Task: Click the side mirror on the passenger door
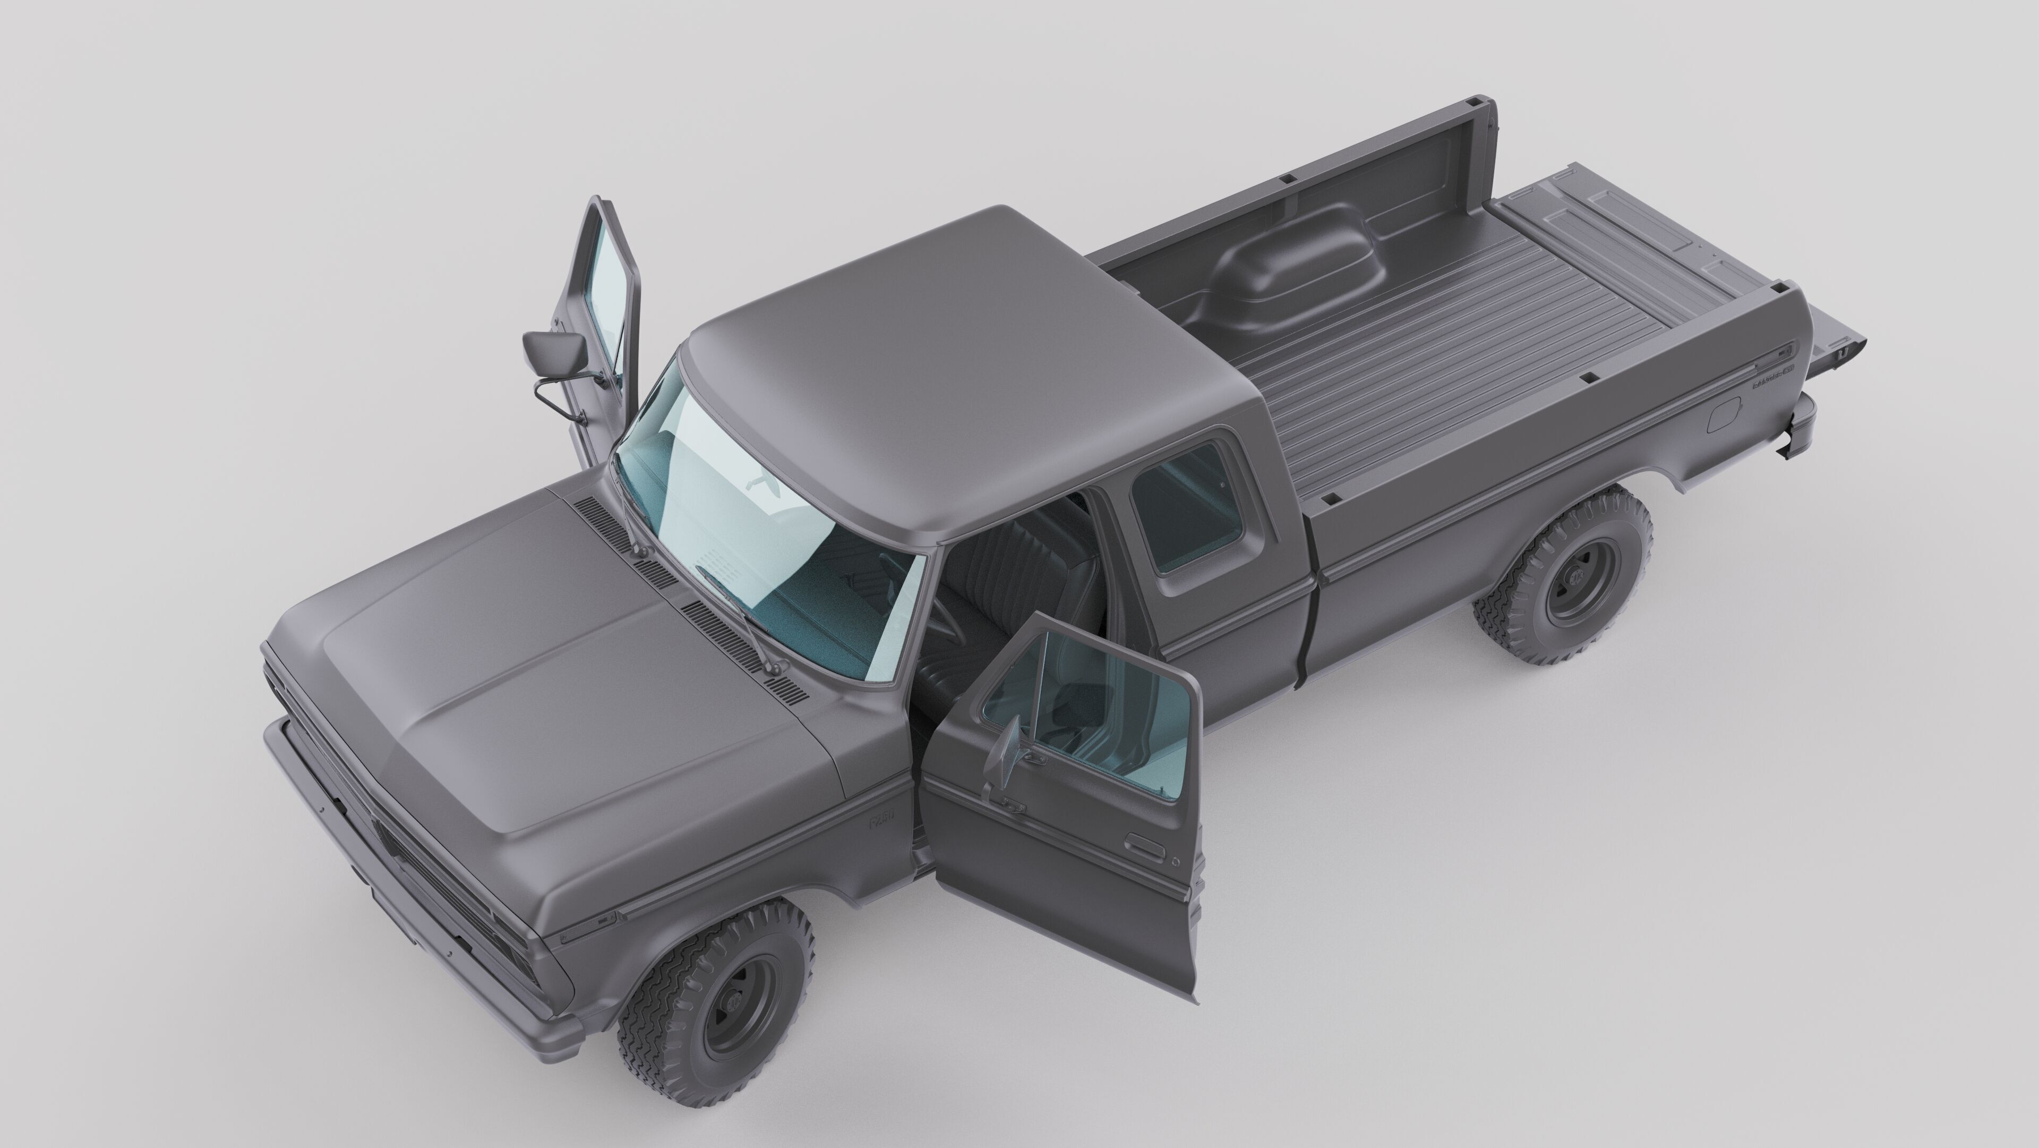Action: (x=554, y=347)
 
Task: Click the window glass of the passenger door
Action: (x=610, y=293)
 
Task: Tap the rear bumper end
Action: (x=1798, y=428)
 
